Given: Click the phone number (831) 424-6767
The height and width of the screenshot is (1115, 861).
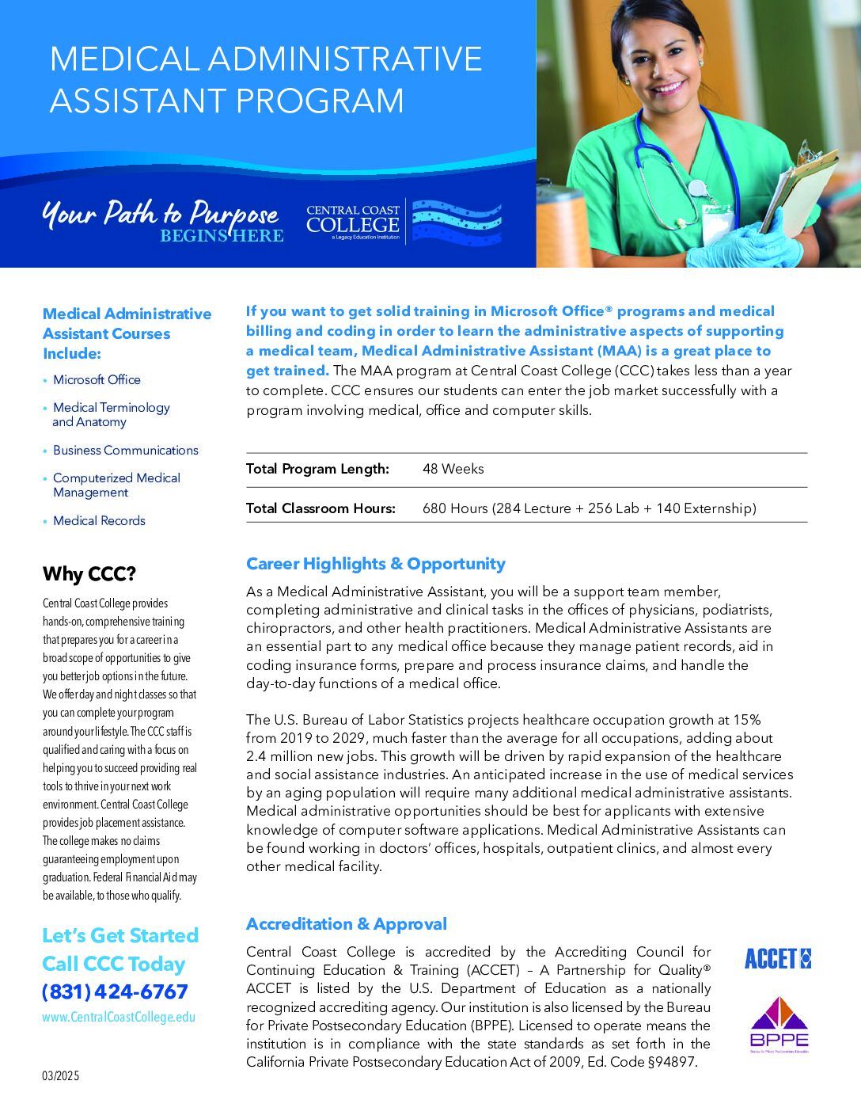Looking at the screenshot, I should pos(116,991).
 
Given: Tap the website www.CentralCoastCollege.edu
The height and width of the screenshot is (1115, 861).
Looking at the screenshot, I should pos(119,1017).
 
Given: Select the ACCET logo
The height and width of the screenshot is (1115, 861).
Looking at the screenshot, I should pos(777,959).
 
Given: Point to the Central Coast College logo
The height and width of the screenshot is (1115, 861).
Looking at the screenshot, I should pos(404,222).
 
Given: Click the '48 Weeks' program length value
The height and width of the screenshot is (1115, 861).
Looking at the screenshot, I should pos(453,469).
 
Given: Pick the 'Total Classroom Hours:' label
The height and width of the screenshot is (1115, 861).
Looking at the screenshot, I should pos(321,508).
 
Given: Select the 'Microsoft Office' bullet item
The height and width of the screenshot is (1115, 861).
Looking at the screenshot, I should pos(97,380).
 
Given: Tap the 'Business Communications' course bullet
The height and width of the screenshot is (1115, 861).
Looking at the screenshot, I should pos(125,451).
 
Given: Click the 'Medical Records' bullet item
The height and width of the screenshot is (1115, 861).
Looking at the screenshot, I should pos(99,521).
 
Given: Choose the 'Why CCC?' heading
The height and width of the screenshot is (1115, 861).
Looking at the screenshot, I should pos(89,573).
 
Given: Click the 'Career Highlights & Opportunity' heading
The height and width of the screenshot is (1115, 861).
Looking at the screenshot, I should pos(375,564).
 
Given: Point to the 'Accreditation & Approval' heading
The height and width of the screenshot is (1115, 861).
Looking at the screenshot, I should pos(346,924).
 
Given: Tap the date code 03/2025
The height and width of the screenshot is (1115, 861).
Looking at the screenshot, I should pos(61,1076).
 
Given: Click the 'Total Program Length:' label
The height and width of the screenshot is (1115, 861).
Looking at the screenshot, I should pos(317,469).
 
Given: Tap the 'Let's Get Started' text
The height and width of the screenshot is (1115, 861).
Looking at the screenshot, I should pos(120,935).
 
